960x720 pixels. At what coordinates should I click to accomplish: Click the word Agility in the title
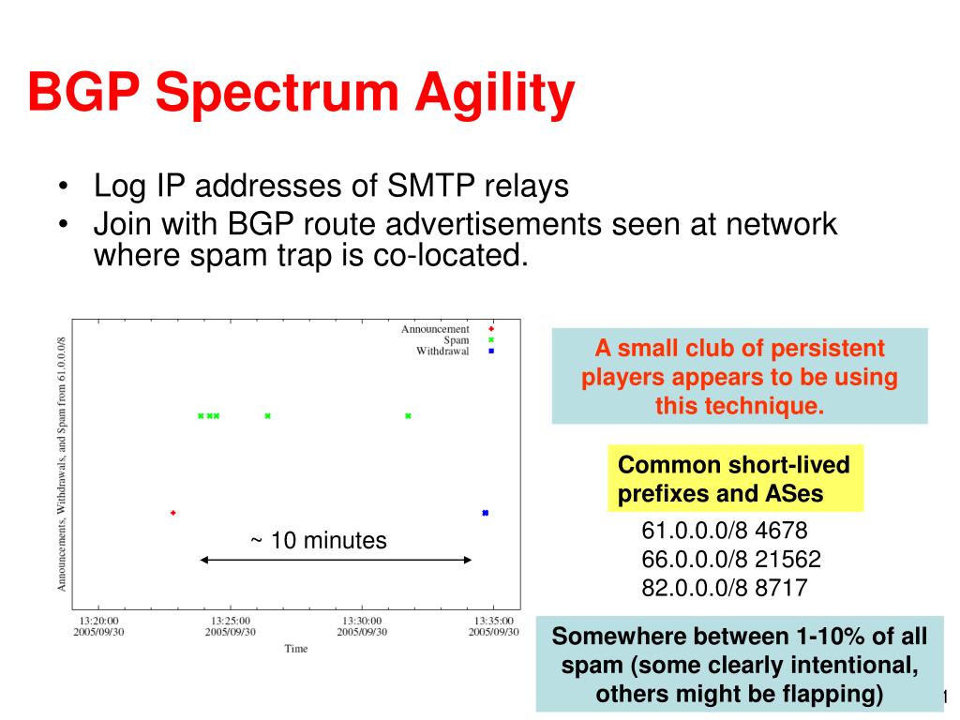(x=495, y=94)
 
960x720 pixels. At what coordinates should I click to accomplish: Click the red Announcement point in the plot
(x=173, y=513)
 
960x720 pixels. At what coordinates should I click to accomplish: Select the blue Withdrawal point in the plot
(x=486, y=513)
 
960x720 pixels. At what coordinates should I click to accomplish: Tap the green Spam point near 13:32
(x=409, y=415)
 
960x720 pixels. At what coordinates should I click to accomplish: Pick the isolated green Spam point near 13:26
(x=267, y=415)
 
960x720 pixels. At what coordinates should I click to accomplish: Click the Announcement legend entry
(x=435, y=329)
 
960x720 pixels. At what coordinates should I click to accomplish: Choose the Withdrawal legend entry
(x=442, y=351)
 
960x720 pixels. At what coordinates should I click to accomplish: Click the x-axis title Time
(x=295, y=649)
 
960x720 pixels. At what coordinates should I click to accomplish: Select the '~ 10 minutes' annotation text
(x=319, y=541)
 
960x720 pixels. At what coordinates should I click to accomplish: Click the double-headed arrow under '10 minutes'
(x=336, y=560)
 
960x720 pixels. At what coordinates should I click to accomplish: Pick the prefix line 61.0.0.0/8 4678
(x=725, y=531)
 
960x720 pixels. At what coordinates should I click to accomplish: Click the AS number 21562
(x=787, y=559)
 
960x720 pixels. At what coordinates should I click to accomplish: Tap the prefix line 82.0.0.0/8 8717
(x=725, y=588)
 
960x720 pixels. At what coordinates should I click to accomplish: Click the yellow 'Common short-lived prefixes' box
(x=735, y=478)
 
